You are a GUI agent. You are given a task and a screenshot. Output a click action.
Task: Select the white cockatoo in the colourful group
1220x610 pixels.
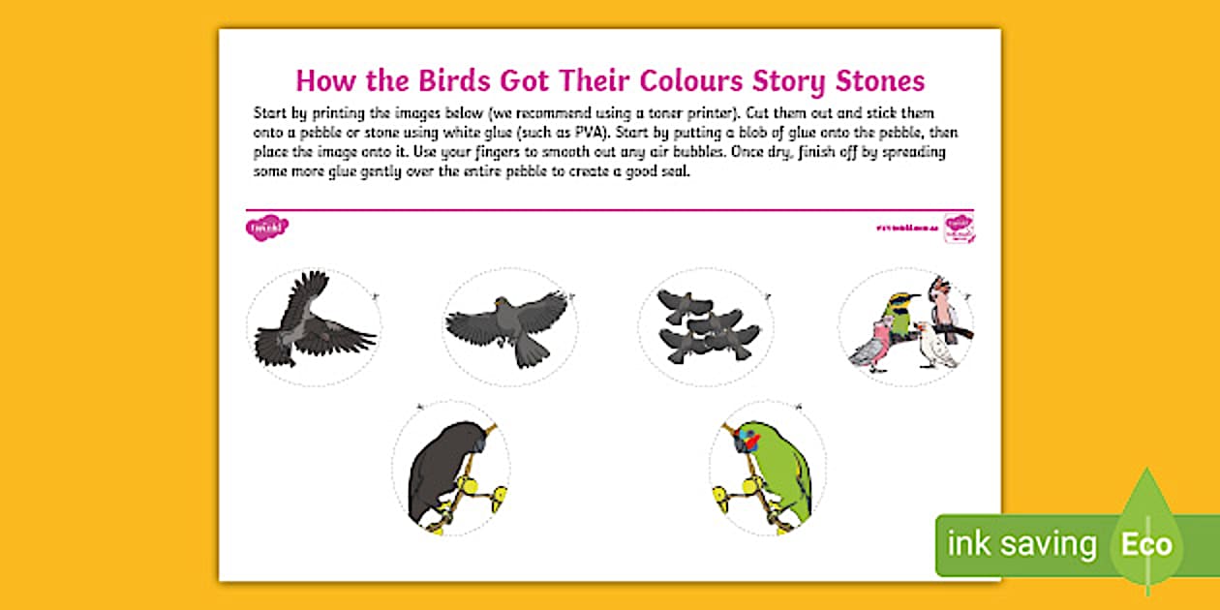click(936, 346)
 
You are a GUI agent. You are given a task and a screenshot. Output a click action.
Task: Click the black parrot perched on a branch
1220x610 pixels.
click(440, 470)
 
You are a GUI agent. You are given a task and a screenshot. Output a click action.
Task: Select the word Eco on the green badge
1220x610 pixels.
click(1147, 544)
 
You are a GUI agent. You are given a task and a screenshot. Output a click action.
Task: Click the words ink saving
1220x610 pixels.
click(1022, 544)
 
